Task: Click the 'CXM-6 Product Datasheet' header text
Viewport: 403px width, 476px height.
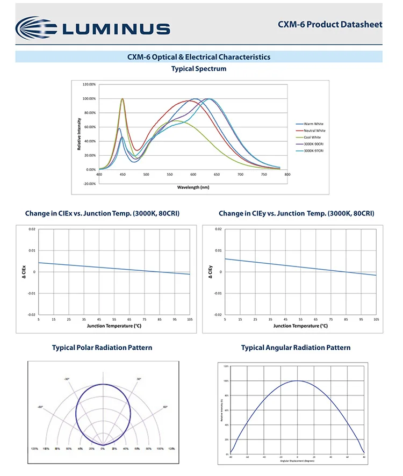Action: point(330,24)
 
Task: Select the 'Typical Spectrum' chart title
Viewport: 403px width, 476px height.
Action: point(199,69)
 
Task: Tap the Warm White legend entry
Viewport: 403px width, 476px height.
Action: point(314,124)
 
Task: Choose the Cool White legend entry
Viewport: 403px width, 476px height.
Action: point(313,138)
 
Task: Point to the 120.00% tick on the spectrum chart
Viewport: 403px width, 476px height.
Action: point(89,85)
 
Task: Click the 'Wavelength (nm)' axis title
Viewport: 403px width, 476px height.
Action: point(193,187)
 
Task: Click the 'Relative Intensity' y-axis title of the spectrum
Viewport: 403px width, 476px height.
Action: point(80,134)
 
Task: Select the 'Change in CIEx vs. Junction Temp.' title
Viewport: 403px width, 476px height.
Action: point(102,214)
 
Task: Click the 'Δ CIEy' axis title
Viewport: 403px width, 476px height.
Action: point(211,272)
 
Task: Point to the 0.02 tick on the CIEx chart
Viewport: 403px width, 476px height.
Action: point(32,229)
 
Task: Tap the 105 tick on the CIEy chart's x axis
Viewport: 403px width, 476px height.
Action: point(376,320)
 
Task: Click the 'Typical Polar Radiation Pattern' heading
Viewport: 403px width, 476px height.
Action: point(102,348)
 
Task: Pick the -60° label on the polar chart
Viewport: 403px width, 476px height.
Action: point(40,407)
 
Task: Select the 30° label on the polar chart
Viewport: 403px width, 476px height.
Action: point(138,379)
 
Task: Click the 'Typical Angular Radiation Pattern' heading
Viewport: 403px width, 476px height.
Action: point(296,348)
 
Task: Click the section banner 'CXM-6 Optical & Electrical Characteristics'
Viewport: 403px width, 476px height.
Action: point(199,57)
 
